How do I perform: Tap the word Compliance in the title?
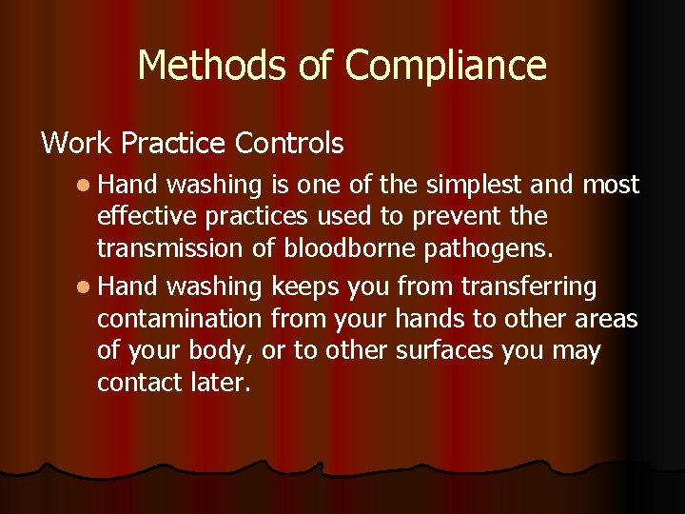tap(445, 67)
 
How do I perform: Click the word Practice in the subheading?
tap(175, 144)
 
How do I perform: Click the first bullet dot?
tap(85, 184)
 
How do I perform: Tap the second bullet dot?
tap(85, 285)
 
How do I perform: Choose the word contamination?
tap(179, 318)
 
